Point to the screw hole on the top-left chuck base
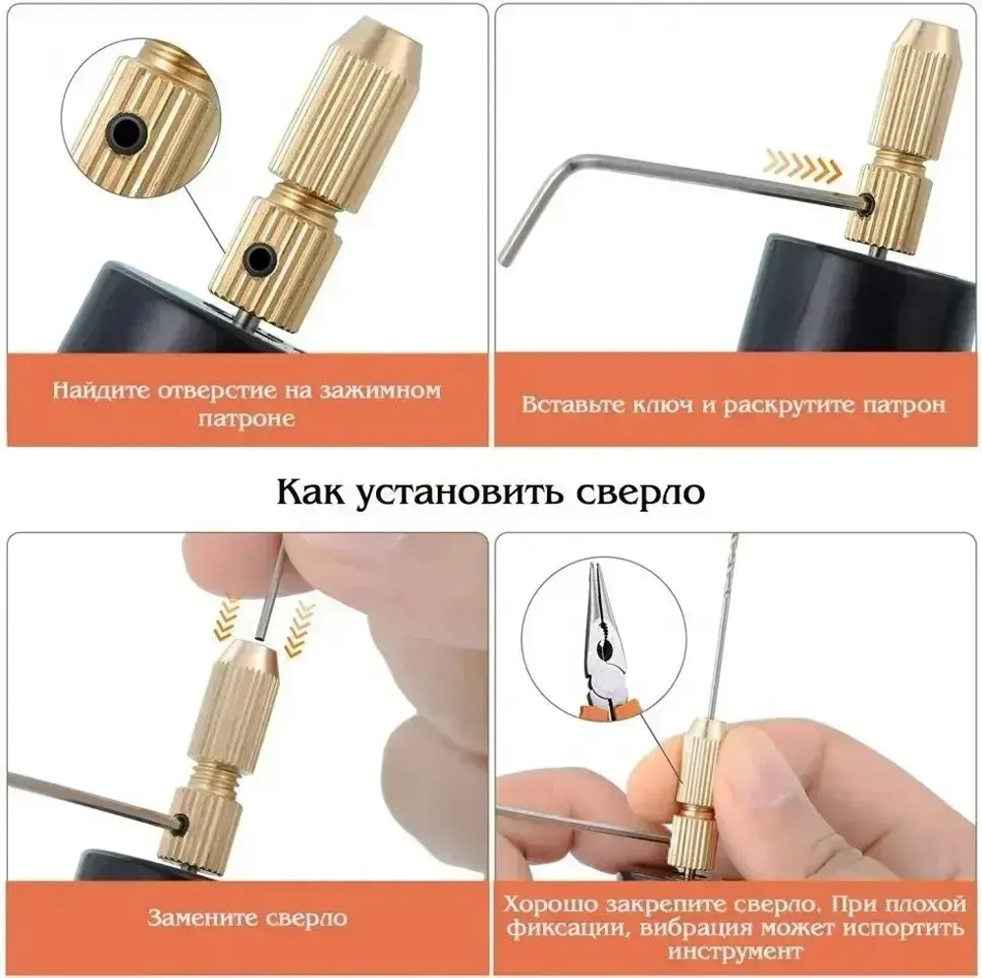261,257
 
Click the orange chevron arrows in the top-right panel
804,166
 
